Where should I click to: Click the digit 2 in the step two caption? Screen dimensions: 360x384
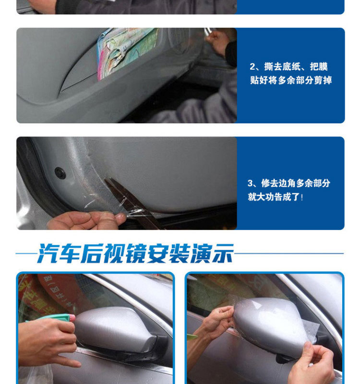252,67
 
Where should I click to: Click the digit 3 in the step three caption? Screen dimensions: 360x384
250,183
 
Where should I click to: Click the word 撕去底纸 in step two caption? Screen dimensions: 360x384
282,67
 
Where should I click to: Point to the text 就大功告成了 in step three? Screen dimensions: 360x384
274,197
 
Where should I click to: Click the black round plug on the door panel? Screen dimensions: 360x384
60,173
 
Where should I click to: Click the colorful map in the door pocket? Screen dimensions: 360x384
127,51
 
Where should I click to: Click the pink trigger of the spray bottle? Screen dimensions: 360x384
72,318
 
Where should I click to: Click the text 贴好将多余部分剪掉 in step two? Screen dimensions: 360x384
291,80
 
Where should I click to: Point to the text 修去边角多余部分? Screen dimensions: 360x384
296,183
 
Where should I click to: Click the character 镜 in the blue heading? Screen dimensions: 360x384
136,253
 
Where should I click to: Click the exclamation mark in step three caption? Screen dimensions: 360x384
302,197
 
